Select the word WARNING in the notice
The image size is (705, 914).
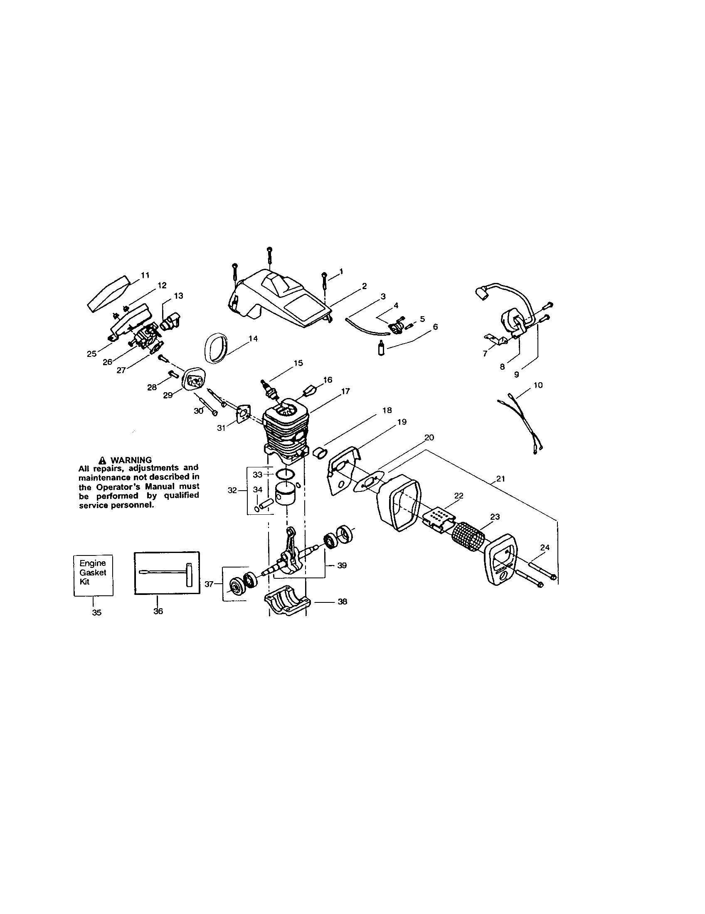coord(131,460)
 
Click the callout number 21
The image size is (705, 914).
coord(501,479)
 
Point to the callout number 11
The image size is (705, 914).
coord(145,275)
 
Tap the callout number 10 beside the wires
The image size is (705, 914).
coord(538,385)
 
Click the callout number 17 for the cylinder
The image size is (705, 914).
coord(345,391)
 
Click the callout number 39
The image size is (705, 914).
coord(342,565)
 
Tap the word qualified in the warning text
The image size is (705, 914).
coord(181,496)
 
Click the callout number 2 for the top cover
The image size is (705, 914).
coord(364,286)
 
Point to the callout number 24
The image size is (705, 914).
coord(545,548)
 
